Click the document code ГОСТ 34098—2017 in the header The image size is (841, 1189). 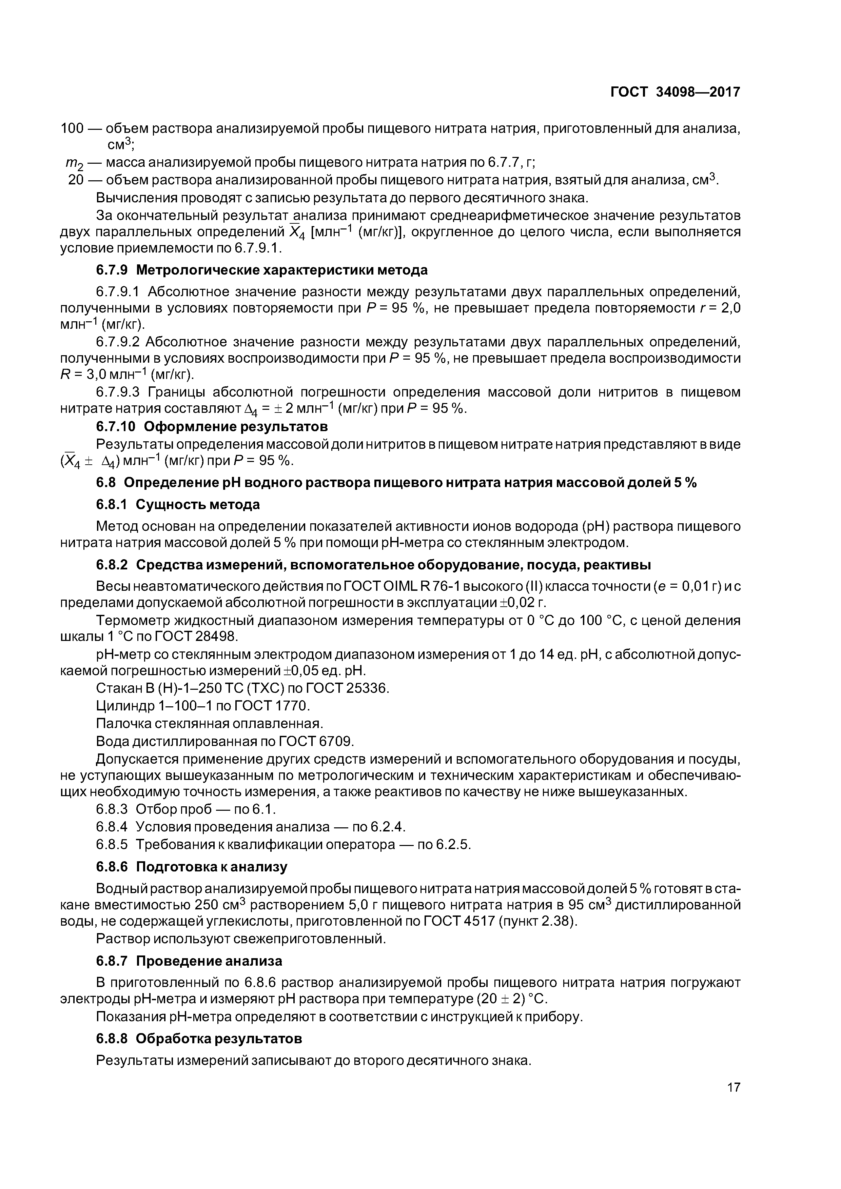coord(675,92)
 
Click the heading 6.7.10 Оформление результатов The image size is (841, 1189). coord(212,427)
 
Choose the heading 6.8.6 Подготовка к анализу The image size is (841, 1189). coord(192,867)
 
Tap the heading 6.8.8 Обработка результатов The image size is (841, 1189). coord(198,1039)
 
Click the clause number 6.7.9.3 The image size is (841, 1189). coord(118,392)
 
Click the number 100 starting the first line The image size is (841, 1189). coord(72,128)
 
